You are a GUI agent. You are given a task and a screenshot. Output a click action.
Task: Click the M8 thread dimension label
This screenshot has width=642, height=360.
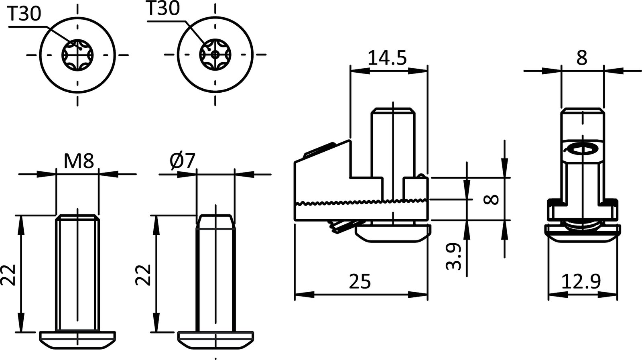[x=79, y=161]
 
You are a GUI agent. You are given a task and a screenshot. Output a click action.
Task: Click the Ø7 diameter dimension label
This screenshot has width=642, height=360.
[x=182, y=161]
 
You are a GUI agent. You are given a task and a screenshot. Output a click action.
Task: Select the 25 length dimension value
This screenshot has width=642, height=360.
[x=360, y=281]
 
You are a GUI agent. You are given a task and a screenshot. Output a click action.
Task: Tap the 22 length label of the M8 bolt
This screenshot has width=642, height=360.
[x=8, y=275]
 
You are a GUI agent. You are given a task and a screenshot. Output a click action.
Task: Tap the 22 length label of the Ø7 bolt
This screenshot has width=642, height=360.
[x=143, y=275]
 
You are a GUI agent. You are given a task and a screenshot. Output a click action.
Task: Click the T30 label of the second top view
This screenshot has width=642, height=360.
[x=163, y=9]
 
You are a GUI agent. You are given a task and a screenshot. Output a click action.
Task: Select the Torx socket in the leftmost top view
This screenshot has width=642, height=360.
[x=78, y=54]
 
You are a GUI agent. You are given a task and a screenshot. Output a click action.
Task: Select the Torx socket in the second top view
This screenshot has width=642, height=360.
[x=216, y=54]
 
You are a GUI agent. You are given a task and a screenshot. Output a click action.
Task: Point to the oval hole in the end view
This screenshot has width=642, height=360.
[x=582, y=149]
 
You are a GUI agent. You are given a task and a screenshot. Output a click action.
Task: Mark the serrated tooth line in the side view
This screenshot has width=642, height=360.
[x=361, y=202]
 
